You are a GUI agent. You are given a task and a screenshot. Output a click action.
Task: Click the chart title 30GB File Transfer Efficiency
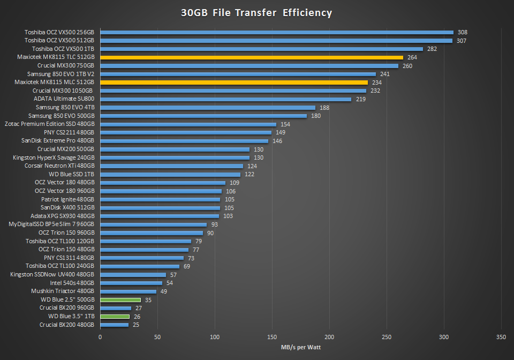(256, 12)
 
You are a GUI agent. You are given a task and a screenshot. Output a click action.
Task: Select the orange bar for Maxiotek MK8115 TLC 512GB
(251, 57)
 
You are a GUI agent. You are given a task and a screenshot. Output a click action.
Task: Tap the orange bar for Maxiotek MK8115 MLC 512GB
(234, 82)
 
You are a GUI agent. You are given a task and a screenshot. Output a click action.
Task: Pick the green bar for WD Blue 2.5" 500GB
(120, 300)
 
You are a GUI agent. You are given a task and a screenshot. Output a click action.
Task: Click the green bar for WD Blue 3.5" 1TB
(115, 317)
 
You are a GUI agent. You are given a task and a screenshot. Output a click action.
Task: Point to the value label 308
(463, 32)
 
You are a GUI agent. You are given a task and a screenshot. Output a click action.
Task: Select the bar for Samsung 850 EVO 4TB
(208, 108)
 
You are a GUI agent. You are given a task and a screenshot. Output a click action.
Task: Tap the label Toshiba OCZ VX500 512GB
(59, 41)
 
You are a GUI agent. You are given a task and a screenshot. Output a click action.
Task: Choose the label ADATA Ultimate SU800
(64, 99)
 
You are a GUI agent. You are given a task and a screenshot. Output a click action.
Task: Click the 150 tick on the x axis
(272, 337)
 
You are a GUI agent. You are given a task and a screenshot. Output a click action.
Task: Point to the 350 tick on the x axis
(501, 337)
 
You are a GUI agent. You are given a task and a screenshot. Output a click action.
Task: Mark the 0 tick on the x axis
(100, 337)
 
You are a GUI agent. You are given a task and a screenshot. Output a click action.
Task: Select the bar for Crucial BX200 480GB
(114, 325)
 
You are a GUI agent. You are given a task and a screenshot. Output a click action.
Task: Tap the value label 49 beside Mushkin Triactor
(164, 291)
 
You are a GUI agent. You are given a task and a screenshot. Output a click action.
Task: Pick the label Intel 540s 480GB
(72, 283)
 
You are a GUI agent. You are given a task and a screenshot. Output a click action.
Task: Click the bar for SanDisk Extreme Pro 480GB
(184, 141)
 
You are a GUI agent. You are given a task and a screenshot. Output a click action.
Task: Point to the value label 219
(360, 99)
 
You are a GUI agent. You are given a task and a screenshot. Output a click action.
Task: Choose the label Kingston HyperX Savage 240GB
(54, 158)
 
